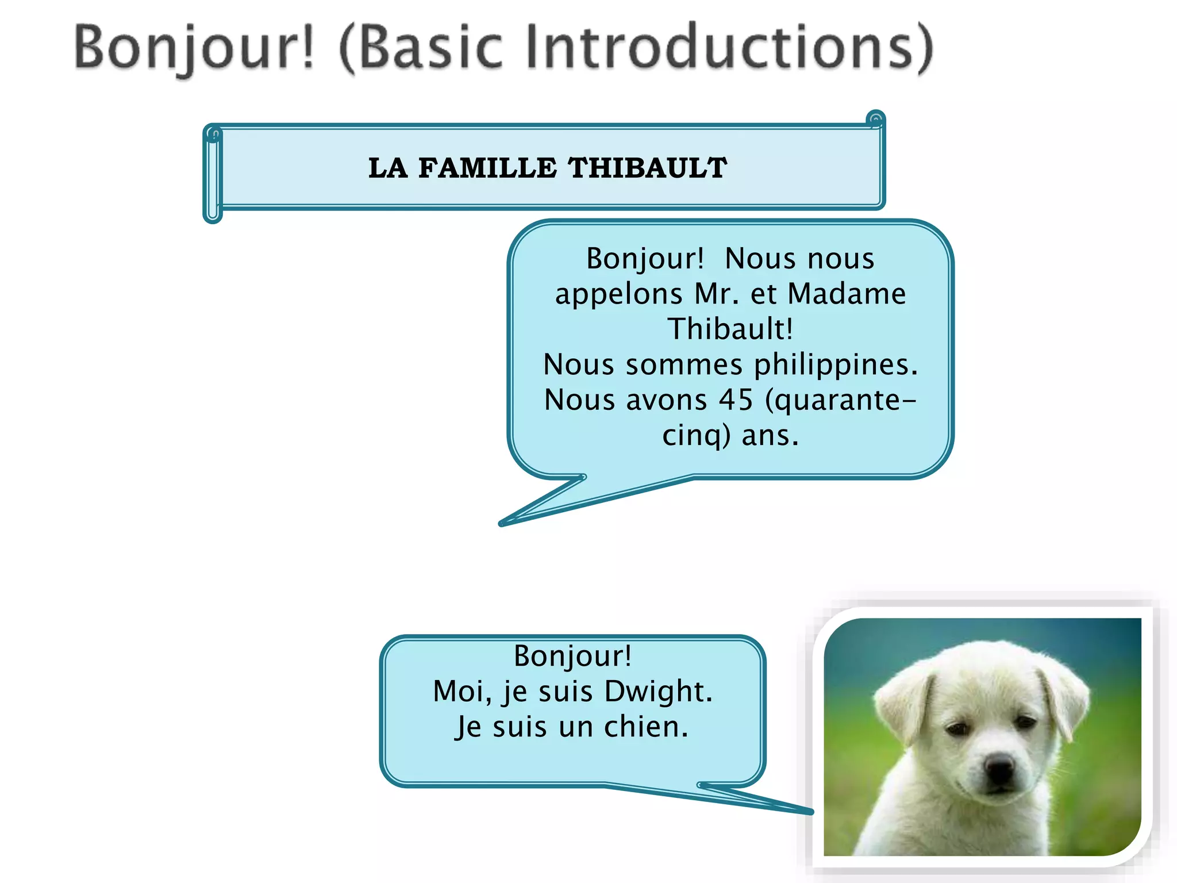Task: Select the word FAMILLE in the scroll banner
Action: pos(487,168)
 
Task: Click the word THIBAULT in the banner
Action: pos(647,168)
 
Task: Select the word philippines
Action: pos(836,364)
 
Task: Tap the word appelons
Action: pos(618,294)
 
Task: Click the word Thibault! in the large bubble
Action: pos(730,329)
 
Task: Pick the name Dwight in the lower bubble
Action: pos(658,691)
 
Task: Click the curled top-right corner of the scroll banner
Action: pos(875,120)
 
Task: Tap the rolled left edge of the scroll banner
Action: pos(213,175)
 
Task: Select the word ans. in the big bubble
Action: pos(770,435)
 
